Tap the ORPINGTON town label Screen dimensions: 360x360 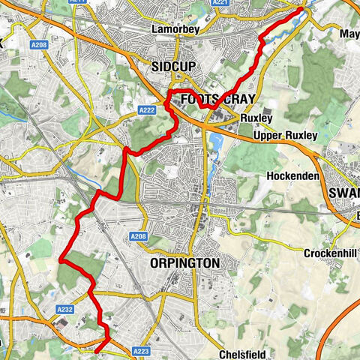point(184,263)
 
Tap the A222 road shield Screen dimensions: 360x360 point(147,110)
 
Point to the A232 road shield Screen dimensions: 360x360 point(64,309)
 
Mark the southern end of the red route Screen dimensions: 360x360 point(95,350)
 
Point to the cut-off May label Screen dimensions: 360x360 point(349,34)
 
